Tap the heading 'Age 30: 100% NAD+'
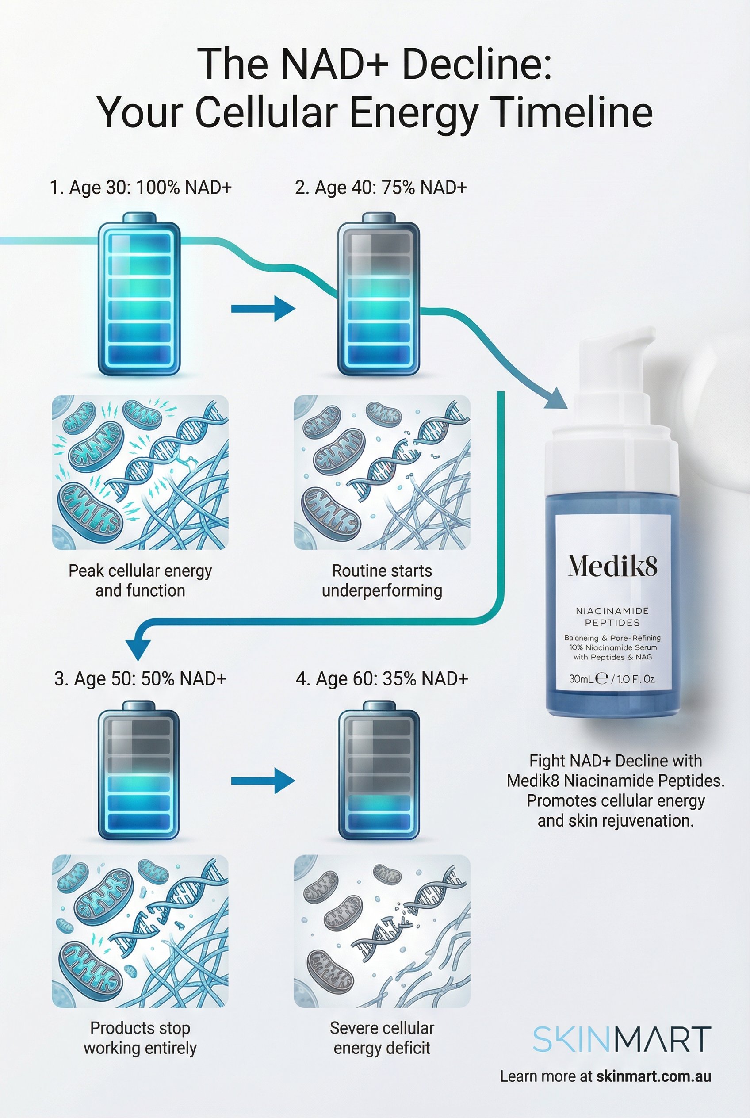pyautogui.click(x=141, y=188)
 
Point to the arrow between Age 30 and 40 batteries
pyautogui.click(x=263, y=309)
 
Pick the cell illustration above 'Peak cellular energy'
pyautogui.click(x=140, y=472)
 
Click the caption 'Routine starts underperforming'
pyautogui.click(x=382, y=580)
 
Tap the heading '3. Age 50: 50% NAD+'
pyautogui.click(x=140, y=679)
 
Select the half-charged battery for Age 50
pyautogui.click(x=139, y=771)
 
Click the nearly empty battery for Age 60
pyautogui.click(x=379, y=771)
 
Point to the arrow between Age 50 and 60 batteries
pyautogui.click(x=263, y=781)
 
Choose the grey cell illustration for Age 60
pyautogui.click(x=382, y=931)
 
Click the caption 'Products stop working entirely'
pyautogui.click(x=140, y=1038)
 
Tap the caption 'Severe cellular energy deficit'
pyautogui.click(x=382, y=1038)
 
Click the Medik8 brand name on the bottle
pyautogui.click(x=612, y=567)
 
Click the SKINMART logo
pyautogui.click(x=622, y=1039)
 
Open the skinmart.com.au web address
pyautogui.click(x=654, y=1076)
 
